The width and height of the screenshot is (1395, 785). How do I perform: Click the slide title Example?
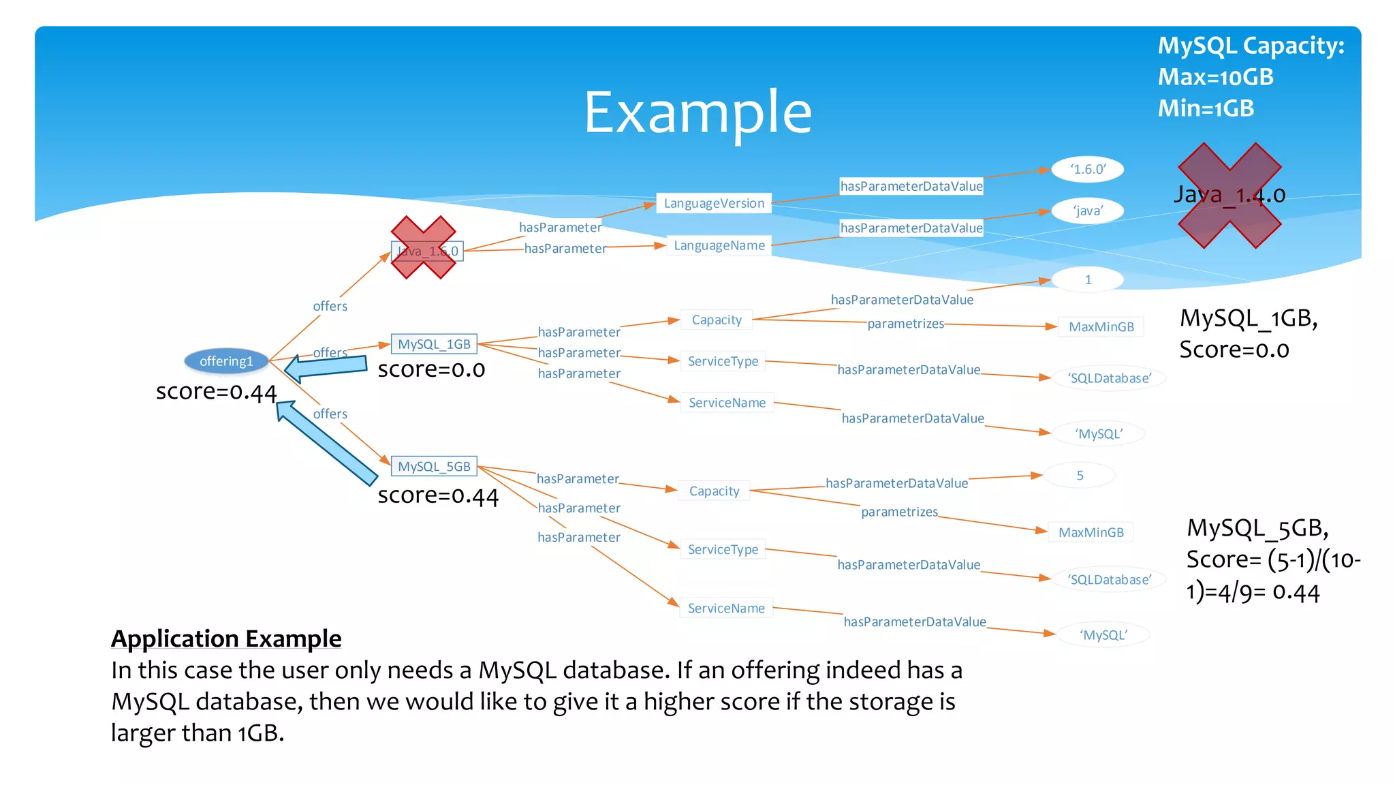coord(697,112)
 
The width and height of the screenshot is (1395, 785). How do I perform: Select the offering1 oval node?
coord(226,361)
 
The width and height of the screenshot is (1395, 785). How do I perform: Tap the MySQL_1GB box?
coord(434,344)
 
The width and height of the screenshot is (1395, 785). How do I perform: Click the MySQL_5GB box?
coord(434,466)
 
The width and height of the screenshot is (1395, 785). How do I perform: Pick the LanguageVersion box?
coord(714,203)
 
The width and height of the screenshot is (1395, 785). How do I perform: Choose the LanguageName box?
coord(719,245)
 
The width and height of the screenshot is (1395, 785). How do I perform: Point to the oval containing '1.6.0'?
coord(1087,169)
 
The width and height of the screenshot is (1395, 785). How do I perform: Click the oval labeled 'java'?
coord(1087,211)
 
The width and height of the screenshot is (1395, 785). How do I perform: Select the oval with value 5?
coord(1080,475)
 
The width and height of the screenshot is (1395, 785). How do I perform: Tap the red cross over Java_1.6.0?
coord(424,247)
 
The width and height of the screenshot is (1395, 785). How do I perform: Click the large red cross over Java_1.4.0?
coord(1229,196)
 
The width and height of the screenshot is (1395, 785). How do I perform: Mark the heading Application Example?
coord(226,638)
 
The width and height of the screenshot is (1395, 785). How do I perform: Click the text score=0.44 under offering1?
coord(216,392)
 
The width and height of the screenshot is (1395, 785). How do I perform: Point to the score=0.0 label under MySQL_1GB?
coord(431,369)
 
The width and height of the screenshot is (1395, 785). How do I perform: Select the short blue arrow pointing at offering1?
coord(327,367)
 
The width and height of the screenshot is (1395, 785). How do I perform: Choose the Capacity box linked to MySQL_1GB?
coord(716,320)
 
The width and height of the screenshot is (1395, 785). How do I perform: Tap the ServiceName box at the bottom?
coord(726,608)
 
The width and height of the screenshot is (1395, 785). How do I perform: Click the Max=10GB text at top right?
coord(1216,77)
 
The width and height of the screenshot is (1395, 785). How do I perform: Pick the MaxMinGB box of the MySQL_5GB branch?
coord(1091,532)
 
